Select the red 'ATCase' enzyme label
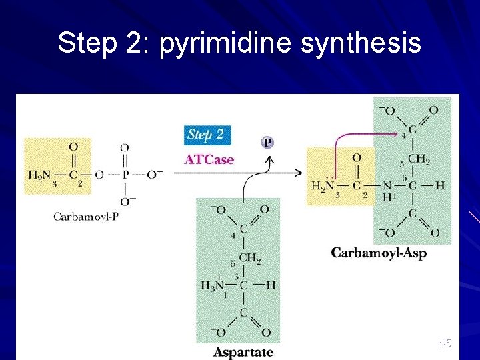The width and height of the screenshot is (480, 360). click(x=209, y=159)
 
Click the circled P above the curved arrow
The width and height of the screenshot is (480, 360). click(x=267, y=143)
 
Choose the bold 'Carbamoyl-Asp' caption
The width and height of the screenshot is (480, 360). click(x=379, y=253)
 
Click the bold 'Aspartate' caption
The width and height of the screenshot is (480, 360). click(x=243, y=351)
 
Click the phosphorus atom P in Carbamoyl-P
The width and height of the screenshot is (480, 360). click(x=125, y=175)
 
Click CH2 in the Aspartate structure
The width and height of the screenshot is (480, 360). click(x=249, y=258)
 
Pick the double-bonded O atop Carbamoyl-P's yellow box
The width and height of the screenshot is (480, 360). click(x=73, y=147)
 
